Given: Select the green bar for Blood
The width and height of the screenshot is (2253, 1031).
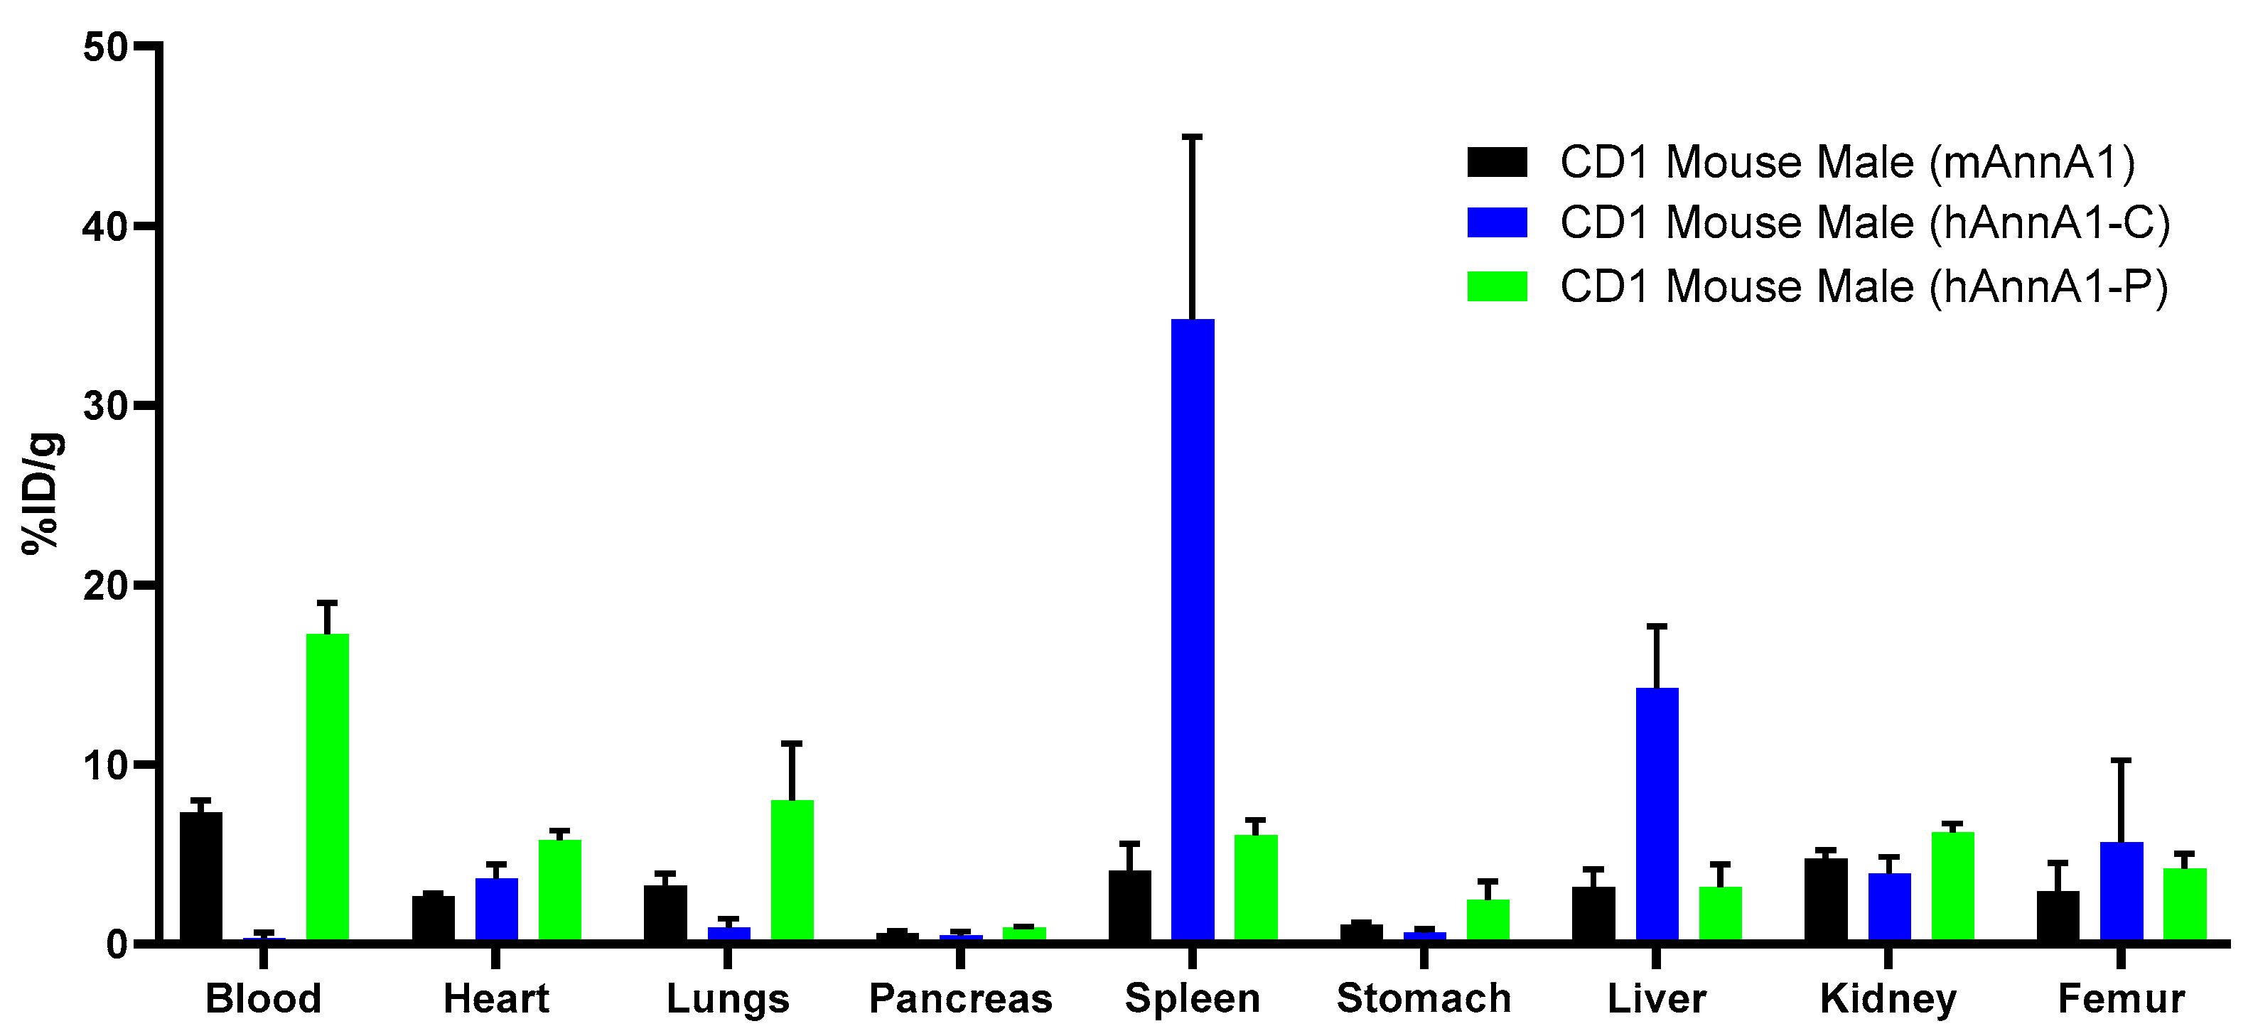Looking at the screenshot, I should [x=327, y=787].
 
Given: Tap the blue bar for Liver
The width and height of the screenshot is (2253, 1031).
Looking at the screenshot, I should [x=1657, y=814].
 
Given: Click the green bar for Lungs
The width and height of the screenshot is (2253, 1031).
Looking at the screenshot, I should [x=792, y=870].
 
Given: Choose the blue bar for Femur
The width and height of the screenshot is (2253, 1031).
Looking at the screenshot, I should [x=2121, y=891].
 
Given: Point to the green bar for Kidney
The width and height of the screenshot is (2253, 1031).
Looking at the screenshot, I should [x=1952, y=886].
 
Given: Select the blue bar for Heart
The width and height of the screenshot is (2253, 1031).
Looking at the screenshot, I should [x=496, y=909].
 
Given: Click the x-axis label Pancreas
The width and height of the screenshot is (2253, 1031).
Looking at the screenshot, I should [x=960, y=998].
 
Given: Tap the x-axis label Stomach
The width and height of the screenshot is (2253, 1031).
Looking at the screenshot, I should [x=1424, y=998].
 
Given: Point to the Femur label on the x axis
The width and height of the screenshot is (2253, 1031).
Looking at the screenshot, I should [x=2121, y=998].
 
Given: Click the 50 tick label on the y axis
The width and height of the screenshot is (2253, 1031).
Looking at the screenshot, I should [x=106, y=46].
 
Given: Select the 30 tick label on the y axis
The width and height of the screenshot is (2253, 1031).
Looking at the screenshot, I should [x=106, y=406].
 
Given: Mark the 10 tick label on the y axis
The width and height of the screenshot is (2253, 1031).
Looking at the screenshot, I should [x=106, y=765].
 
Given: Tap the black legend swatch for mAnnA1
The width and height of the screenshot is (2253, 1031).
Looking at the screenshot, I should [x=1497, y=163].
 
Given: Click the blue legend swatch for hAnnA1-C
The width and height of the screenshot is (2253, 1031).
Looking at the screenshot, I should [x=1497, y=222].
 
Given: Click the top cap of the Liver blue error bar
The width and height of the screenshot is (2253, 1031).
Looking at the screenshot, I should [x=1657, y=626].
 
